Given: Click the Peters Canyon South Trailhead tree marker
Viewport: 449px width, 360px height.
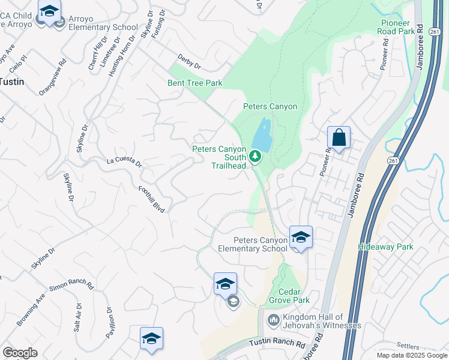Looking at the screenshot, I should coord(255,157).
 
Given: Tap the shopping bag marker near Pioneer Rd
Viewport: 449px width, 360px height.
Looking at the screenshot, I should coord(339,138).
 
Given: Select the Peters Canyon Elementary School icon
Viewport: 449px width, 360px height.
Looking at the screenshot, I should coord(300,237).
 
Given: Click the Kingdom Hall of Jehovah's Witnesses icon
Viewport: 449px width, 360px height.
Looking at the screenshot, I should coord(273,320).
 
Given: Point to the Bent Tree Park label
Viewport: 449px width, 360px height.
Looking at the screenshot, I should coord(195,83).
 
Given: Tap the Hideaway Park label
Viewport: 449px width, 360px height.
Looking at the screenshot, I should coord(385,247).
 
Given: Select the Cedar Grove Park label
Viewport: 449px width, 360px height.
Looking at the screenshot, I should coord(294,295).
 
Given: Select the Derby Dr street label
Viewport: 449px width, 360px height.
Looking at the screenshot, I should coord(188,61).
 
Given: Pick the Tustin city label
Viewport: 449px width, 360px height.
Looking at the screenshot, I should coord(12,82).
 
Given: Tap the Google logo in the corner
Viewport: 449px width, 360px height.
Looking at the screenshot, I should coord(20,353).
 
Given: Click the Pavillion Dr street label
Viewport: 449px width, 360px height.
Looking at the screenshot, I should coord(109,323).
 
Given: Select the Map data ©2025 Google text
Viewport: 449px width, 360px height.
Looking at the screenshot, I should coord(412,355).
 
